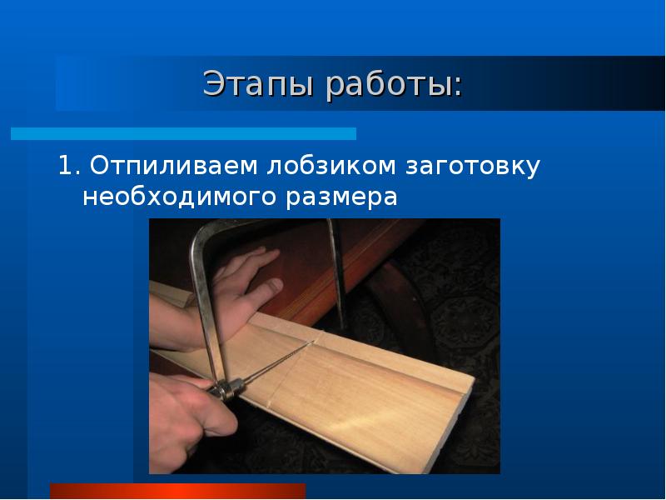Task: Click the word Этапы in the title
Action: pos(256,84)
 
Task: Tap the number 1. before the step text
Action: pos(68,166)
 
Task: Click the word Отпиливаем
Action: pos(174,166)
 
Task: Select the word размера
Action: pos(342,197)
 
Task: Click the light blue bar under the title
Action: pos(183,133)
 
